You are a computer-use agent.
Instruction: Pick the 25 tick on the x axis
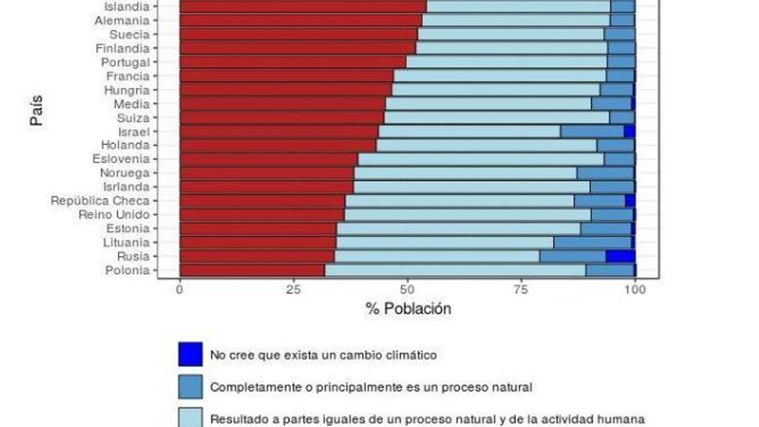[x=292, y=291]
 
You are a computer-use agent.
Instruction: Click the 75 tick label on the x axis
[x=521, y=291]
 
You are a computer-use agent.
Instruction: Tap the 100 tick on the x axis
[x=635, y=291]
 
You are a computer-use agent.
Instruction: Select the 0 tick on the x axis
[x=179, y=291]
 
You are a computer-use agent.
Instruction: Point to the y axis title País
[x=36, y=112]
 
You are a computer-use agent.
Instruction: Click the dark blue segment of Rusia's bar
[x=620, y=256]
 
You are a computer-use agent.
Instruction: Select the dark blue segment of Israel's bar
[x=629, y=131]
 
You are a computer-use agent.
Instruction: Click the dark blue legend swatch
[x=190, y=355]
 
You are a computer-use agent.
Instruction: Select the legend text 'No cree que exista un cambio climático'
[x=323, y=355]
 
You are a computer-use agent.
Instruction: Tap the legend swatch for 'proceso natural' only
[x=190, y=387]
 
